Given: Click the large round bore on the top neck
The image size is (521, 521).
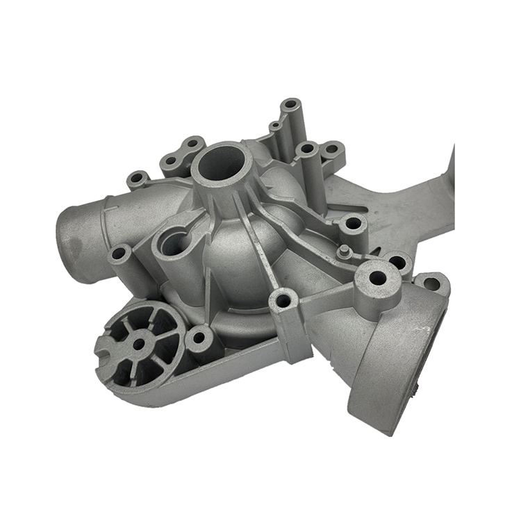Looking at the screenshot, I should pyautogui.click(x=220, y=163).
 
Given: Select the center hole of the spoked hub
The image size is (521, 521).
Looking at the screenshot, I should pyautogui.click(x=138, y=342).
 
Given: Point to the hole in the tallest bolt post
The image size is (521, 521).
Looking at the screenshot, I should pyautogui.click(x=290, y=105).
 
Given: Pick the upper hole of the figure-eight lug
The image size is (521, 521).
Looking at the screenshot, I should pyautogui.click(x=192, y=144).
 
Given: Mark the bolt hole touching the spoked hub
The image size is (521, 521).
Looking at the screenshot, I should pyautogui.click(x=199, y=338).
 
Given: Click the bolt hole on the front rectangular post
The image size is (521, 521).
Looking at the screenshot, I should pyautogui.click(x=283, y=301).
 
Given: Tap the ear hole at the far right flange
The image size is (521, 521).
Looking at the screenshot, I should pyautogui.click(x=431, y=284).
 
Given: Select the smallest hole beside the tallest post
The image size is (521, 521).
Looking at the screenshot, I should pyautogui.click(x=275, y=126).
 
